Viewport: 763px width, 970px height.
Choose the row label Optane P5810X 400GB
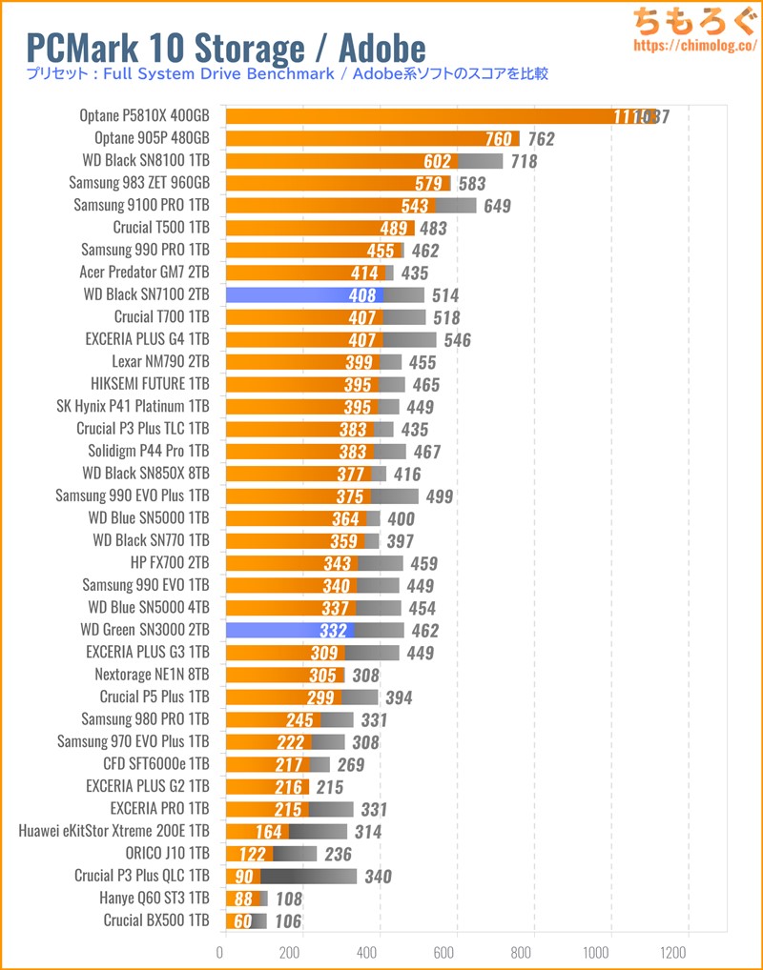coord(145,116)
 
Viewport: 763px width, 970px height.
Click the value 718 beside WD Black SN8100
coord(525,161)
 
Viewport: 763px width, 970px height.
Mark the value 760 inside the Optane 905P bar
coord(498,139)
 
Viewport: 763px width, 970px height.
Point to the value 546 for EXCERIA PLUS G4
coord(457,339)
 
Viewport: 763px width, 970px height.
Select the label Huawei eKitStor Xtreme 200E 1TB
coord(113,831)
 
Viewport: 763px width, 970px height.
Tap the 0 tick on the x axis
coord(222,951)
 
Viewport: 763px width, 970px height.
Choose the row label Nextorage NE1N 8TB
coord(152,675)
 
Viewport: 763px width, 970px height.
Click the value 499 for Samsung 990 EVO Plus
coord(439,496)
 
